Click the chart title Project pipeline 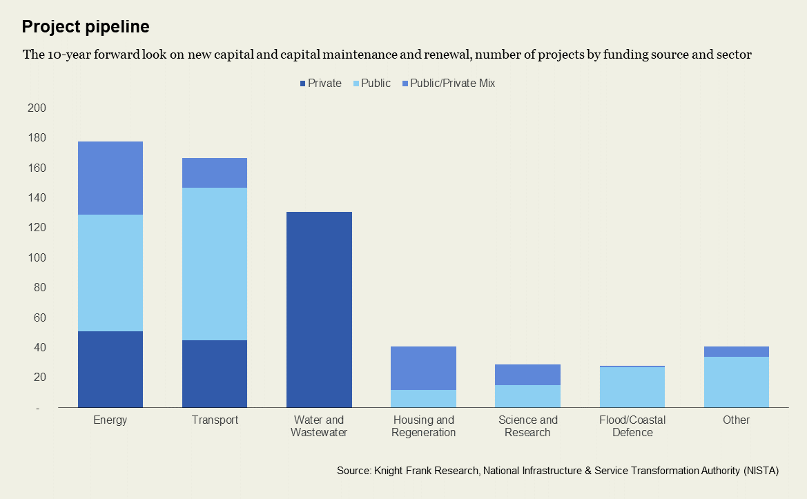click(86, 27)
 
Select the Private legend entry click(320, 84)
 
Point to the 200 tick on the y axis click(37, 108)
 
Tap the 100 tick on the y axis click(37, 257)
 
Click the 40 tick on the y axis click(39, 347)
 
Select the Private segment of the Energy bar click(110, 369)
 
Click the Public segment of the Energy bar click(110, 273)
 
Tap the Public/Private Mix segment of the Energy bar click(110, 178)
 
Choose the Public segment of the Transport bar click(215, 264)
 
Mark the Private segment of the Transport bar click(215, 373)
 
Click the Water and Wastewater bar click(319, 309)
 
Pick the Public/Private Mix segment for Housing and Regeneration click(423, 368)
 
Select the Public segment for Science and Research click(527, 396)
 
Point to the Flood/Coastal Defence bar click(632, 387)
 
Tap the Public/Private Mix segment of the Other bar click(736, 351)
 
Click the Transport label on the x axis click(215, 420)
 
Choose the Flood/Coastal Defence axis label click(632, 427)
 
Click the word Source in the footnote click(353, 471)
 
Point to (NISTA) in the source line click(761, 471)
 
